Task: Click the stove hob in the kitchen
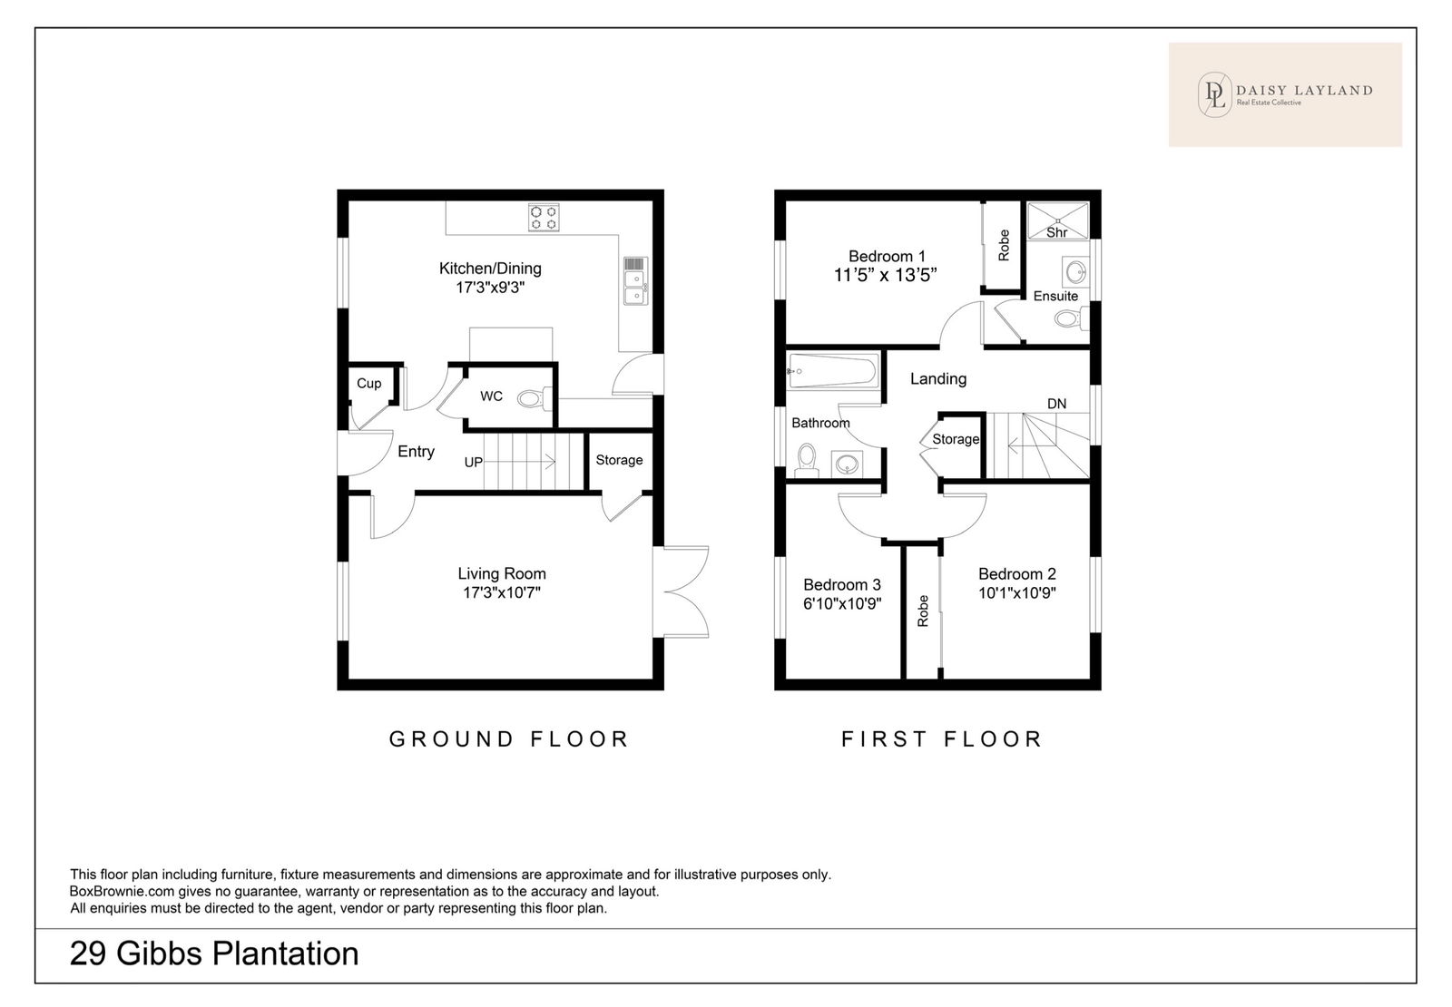[x=544, y=217]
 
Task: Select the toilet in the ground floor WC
[x=535, y=398]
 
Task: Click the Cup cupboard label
[x=368, y=384]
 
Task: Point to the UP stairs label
[x=473, y=462]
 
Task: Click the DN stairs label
[x=1056, y=404]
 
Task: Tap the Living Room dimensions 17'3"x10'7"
[x=502, y=592]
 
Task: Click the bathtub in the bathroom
[x=833, y=371]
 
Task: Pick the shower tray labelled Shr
[x=1057, y=220]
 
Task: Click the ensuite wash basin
[x=1075, y=272]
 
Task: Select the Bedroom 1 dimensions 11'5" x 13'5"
[x=886, y=276]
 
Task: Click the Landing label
[x=938, y=379]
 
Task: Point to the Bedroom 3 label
[x=842, y=584]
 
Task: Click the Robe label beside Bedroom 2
[x=923, y=611]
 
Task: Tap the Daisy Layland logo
[x=1285, y=94]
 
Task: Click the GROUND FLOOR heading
[x=509, y=739]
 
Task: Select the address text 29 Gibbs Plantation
[x=214, y=953]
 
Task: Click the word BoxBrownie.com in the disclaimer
[x=122, y=892]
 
